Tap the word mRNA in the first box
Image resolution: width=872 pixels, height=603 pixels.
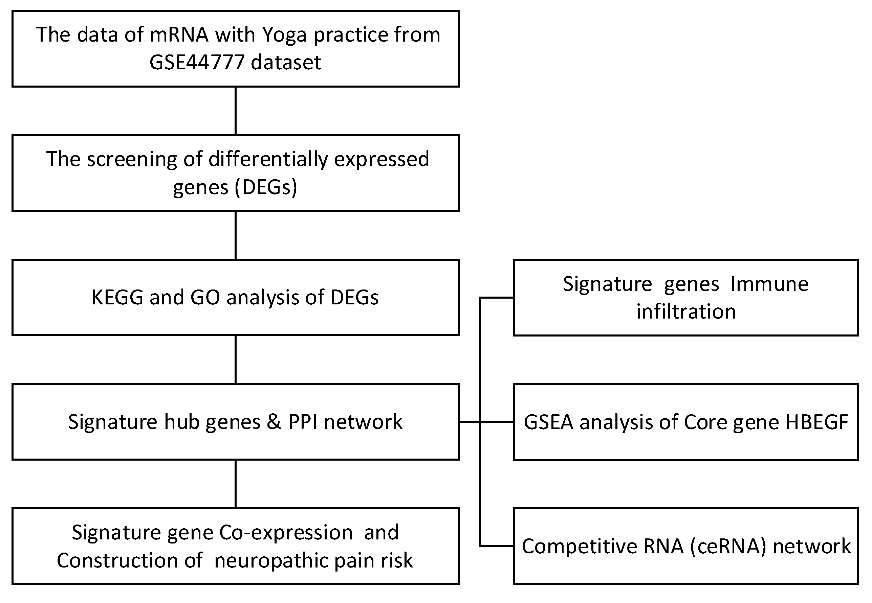(179, 35)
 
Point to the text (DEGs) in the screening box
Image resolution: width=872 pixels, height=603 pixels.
(266, 187)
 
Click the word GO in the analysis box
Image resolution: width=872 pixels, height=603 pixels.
(205, 297)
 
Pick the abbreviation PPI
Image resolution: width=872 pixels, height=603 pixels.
(303, 422)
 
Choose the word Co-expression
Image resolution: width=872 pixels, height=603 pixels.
(286, 532)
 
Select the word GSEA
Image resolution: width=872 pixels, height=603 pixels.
(549, 422)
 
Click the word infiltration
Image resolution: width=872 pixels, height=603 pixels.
(686, 312)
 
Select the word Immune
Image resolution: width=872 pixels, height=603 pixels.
(769, 284)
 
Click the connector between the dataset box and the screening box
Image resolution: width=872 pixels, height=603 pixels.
(236, 111)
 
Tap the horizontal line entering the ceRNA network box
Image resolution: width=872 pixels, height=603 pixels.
(497, 546)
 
